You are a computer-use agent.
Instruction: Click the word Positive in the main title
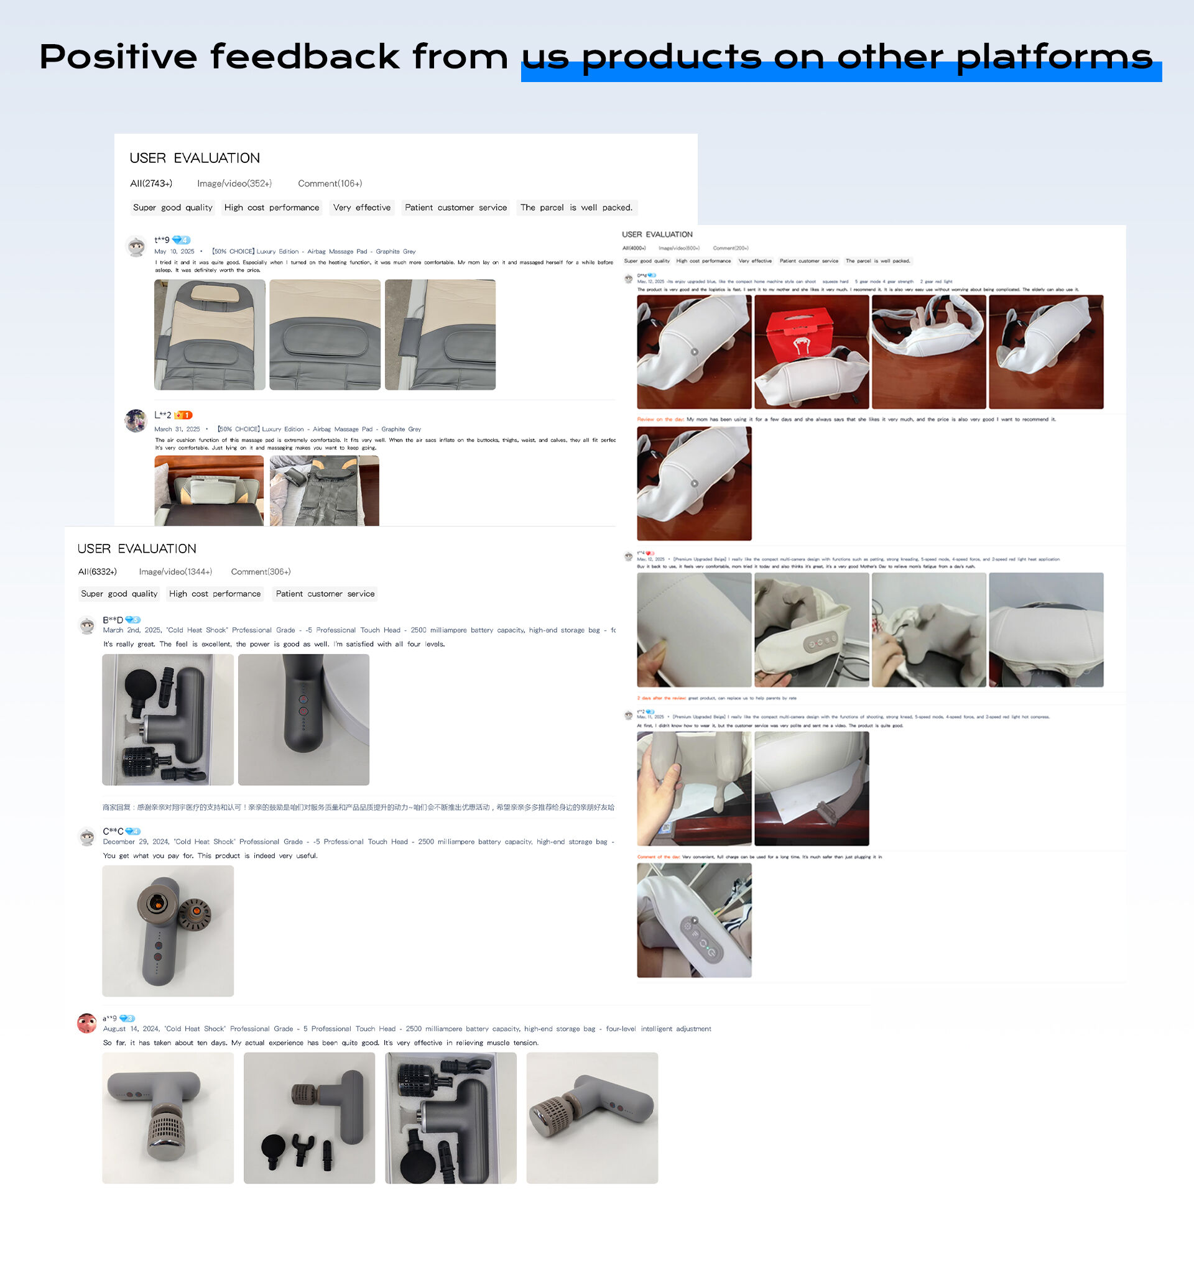coord(118,57)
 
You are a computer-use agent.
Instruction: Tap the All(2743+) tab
coord(150,183)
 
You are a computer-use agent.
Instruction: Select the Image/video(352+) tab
coord(234,183)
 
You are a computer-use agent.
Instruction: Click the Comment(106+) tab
coord(330,183)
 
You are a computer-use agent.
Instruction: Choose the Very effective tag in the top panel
coord(361,208)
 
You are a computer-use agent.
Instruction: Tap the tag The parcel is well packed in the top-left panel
coord(575,208)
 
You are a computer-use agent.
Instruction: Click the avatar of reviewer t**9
coord(136,246)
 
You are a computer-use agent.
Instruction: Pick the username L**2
coord(162,415)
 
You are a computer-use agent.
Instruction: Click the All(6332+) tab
coord(98,571)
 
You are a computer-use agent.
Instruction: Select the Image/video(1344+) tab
coord(175,571)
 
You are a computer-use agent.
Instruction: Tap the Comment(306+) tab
coord(261,571)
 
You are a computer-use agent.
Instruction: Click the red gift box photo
coord(811,351)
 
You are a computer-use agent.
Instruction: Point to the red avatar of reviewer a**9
coord(86,1023)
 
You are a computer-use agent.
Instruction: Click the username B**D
coord(113,620)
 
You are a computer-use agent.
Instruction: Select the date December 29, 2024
coord(136,842)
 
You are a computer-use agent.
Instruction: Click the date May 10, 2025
coord(174,251)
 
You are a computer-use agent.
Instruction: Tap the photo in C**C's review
coord(167,931)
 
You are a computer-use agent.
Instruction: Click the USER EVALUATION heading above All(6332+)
coord(137,548)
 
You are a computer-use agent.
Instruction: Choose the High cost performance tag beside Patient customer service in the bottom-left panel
coord(215,594)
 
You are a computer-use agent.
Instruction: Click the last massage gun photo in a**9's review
coord(591,1118)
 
